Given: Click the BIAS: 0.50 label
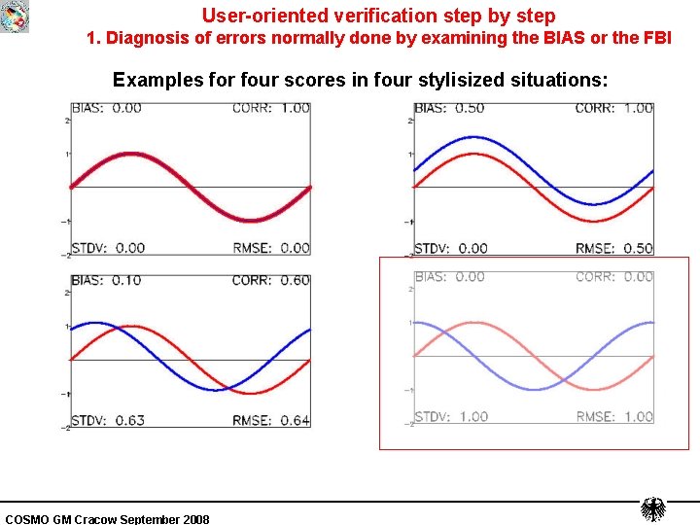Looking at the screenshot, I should click(x=449, y=108).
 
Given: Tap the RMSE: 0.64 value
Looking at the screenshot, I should click(x=271, y=421).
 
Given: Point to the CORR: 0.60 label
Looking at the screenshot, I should click(x=271, y=281).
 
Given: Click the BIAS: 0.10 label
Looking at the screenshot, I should click(x=107, y=281).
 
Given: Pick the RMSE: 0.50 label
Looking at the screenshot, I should click(x=614, y=249).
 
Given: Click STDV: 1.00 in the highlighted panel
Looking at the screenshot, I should click(x=451, y=417).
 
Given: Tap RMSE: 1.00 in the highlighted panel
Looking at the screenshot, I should click(x=614, y=417).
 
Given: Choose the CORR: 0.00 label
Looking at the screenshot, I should click(x=614, y=277).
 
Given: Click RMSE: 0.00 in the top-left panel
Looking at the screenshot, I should click(x=271, y=249).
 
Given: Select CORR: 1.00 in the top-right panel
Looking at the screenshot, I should click(x=614, y=108).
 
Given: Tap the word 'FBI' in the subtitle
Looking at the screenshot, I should click(x=655, y=39).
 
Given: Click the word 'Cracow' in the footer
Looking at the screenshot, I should click(x=97, y=519).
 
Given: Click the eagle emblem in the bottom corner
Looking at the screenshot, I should click(x=652, y=509).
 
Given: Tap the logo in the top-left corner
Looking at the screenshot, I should click(x=15, y=16).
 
